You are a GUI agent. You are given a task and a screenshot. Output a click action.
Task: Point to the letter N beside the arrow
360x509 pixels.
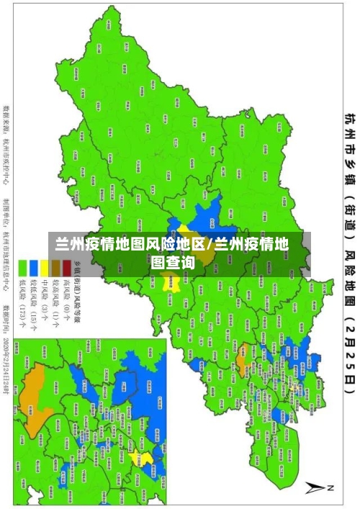pyautogui.click(x=332, y=489)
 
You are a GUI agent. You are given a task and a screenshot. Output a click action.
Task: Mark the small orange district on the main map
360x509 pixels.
pyautogui.click(x=243, y=333)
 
